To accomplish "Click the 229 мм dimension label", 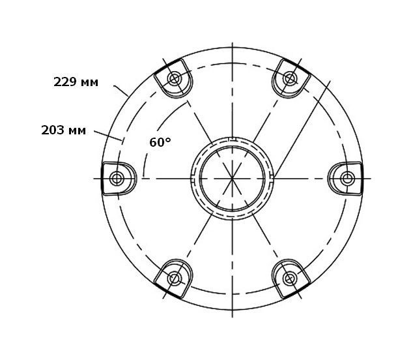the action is pyautogui.click(x=76, y=82).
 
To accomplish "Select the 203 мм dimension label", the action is pyautogui.click(x=63, y=130).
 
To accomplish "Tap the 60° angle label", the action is pyautogui.click(x=160, y=142).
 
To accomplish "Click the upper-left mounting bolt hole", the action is pyautogui.click(x=175, y=78).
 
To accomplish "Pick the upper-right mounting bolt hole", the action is pyautogui.click(x=290, y=78).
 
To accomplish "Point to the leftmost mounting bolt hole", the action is pyautogui.click(x=117, y=179).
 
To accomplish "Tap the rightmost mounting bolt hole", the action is pyautogui.click(x=347, y=179).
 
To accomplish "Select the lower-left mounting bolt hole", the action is pyautogui.click(x=175, y=278).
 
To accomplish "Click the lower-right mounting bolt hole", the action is pyautogui.click(x=290, y=278).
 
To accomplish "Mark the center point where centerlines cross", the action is pyautogui.click(x=233, y=179).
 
